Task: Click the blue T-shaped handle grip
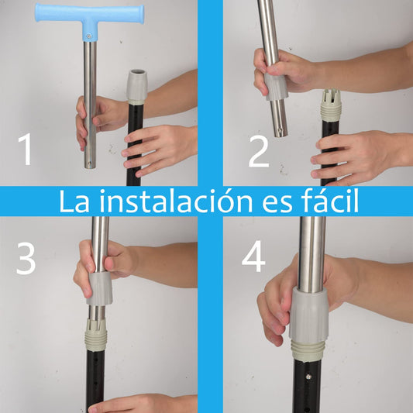point(90,15)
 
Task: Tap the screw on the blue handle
point(90,36)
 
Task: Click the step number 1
point(26,149)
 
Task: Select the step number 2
point(259,151)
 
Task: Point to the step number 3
point(26,258)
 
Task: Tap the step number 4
point(253,256)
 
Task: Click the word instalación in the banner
point(176,201)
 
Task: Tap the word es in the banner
point(277,205)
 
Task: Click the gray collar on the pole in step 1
point(136,87)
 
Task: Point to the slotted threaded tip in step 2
point(331,105)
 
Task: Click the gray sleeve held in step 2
point(276,87)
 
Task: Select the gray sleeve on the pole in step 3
point(99,289)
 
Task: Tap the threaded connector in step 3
point(96,335)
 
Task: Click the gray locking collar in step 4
point(309,315)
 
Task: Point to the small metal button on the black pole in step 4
point(308,377)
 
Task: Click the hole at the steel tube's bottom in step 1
point(90,163)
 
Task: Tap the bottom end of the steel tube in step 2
point(280,134)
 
